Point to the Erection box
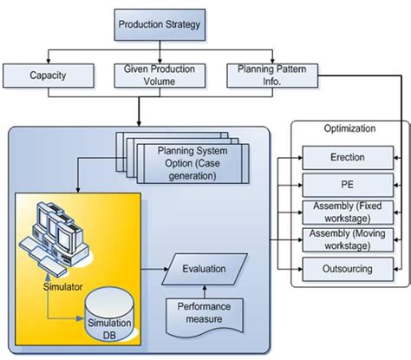[346, 159]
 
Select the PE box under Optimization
[346, 186]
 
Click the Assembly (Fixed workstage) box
[346, 213]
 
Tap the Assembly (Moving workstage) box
[346, 240]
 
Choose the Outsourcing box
[346, 268]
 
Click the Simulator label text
[66, 287]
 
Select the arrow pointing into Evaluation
[170, 270]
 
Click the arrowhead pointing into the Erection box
[298, 159]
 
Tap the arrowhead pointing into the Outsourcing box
[298, 268]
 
